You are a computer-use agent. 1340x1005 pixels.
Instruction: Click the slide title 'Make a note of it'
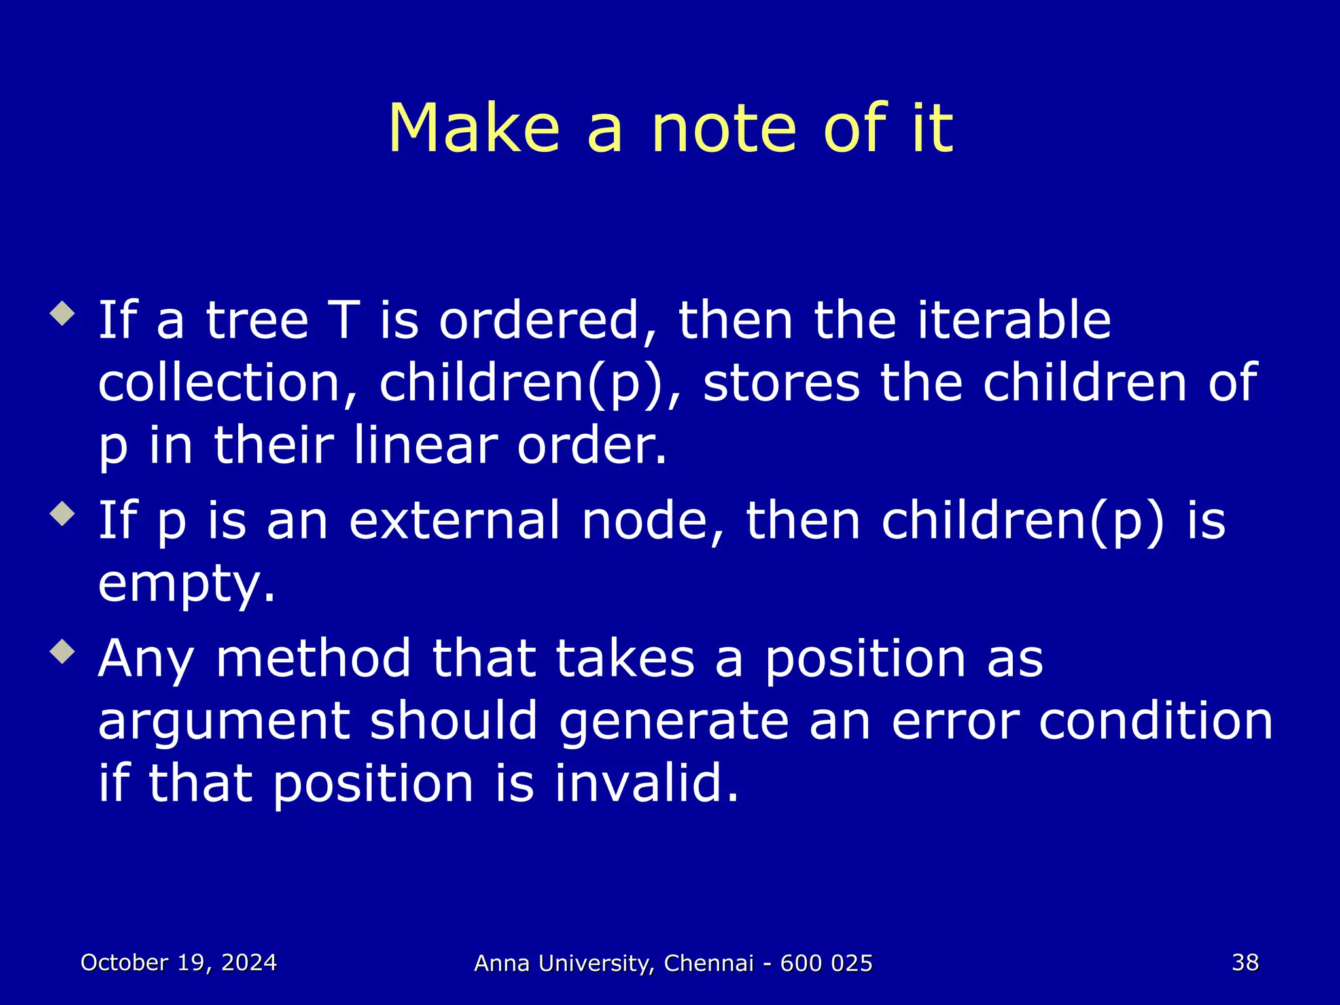[x=670, y=129]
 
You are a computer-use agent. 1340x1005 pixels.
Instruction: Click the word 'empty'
[x=185, y=584]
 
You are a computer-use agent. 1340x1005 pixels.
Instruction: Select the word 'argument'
[x=223, y=722]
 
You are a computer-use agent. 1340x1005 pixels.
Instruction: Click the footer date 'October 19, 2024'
[x=179, y=962]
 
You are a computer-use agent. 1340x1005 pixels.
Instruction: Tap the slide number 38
[x=1245, y=962]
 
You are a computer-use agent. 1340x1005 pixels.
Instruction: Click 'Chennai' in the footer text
[x=709, y=963]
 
